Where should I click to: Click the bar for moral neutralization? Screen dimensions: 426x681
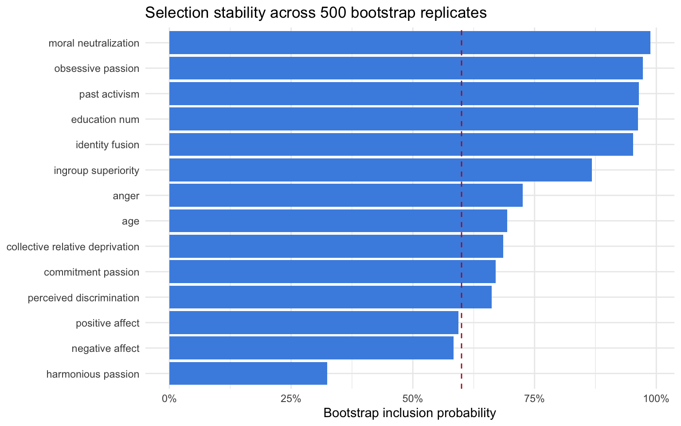[x=410, y=43]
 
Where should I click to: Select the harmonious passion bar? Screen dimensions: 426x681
[x=248, y=374]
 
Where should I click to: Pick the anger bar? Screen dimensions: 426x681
[x=346, y=196]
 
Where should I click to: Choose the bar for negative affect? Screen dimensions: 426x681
[x=311, y=348]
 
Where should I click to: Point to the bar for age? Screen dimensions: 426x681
[x=338, y=221]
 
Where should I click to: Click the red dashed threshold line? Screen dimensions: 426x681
[x=462, y=209]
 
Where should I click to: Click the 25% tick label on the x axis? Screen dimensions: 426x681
[x=291, y=398]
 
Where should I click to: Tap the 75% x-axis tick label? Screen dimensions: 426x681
[x=534, y=398]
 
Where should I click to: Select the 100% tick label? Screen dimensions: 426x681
[x=656, y=398]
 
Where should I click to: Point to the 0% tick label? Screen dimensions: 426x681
[x=169, y=398]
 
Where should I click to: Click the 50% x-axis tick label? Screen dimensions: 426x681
[x=413, y=398]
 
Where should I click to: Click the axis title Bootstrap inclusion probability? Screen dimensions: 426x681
[x=410, y=413]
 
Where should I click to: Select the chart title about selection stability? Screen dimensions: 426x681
[x=316, y=13]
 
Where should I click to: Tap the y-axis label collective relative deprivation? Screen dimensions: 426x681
[x=73, y=247]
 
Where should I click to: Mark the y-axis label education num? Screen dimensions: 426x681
[x=105, y=119]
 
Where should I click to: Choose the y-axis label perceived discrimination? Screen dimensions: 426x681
[x=83, y=298]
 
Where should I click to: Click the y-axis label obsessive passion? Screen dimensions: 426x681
[x=97, y=69]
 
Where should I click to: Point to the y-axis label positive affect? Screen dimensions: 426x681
[x=107, y=323]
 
